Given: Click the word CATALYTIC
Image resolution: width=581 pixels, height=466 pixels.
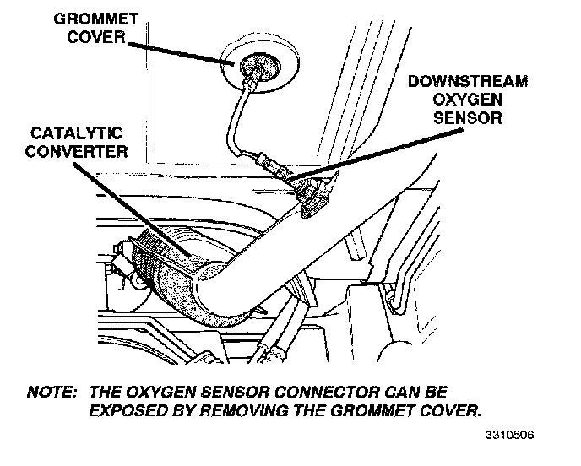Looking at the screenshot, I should pos(77,133).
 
